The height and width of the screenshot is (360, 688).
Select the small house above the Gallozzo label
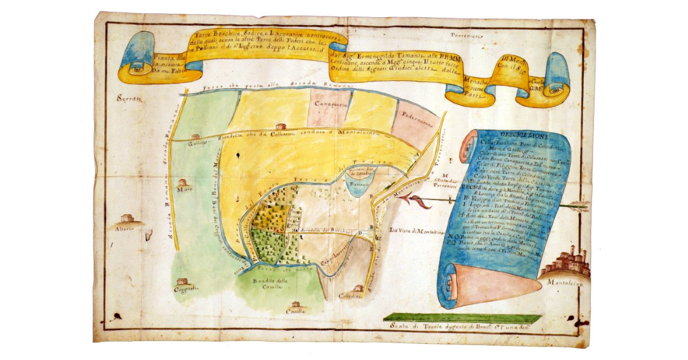196,137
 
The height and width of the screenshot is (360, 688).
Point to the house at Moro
185,183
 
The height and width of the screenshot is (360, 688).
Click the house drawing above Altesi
127,218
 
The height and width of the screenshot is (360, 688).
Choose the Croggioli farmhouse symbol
182,281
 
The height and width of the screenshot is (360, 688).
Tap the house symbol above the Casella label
295,304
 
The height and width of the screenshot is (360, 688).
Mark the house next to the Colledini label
358,288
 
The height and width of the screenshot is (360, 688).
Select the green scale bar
462,317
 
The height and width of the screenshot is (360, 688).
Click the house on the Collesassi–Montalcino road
280,126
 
